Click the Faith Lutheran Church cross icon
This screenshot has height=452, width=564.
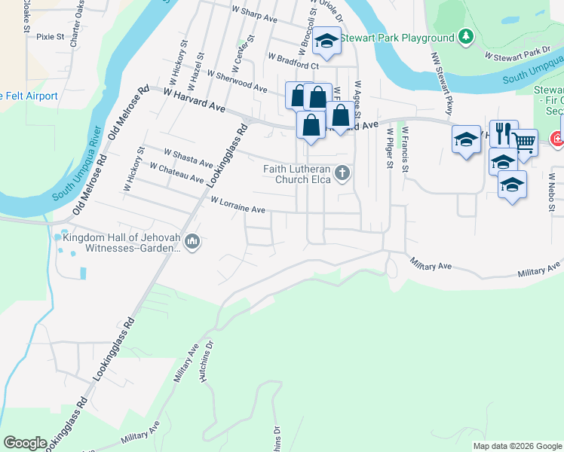pyautogui.click(x=342, y=174)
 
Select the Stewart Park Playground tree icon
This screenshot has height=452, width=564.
pyautogui.click(x=466, y=37)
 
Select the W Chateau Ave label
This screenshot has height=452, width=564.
pyautogui.click(x=177, y=173)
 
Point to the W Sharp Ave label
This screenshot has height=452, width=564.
pyautogui.click(x=255, y=14)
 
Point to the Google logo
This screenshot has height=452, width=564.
pyautogui.click(x=25, y=443)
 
